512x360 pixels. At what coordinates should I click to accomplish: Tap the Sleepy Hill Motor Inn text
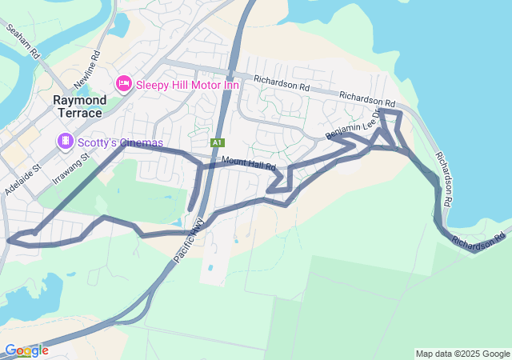pos(187,83)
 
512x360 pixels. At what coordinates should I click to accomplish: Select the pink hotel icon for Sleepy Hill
pos(123,83)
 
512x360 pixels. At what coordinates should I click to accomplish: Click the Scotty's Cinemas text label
pos(120,143)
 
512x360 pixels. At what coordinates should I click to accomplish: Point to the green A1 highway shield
pos(217,142)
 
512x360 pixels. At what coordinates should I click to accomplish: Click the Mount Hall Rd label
pos(249,163)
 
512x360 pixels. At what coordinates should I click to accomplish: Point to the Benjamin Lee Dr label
pos(355,125)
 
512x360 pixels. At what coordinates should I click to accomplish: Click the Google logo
pos(26,350)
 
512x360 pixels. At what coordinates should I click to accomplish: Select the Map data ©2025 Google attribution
pos(462,354)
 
